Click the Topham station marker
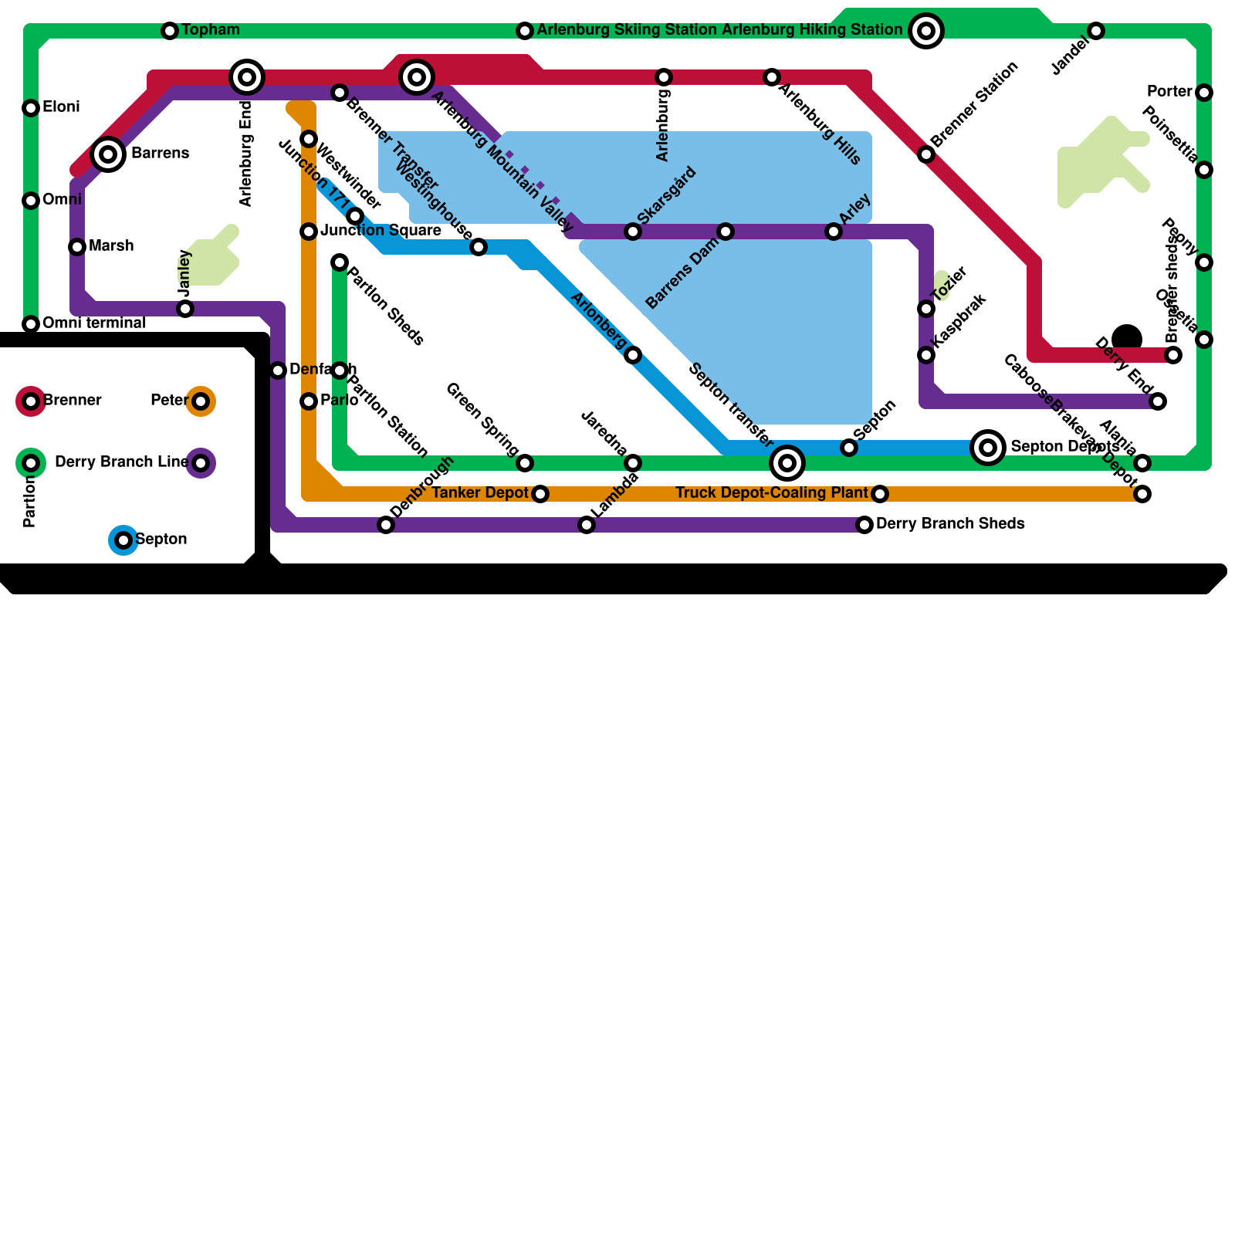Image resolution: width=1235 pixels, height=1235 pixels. pyautogui.click(x=170, y=31)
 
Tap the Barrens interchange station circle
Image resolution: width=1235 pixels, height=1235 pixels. pyautogui.click(x=108, y=154)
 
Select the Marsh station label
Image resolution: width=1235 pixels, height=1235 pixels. pyautogui.click(x=111, y=246)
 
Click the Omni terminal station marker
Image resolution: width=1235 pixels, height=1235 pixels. pyautogui.click(x=31, y=324)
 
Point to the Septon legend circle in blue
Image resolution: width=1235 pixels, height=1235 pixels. pyautogui.click(x=123, y=540)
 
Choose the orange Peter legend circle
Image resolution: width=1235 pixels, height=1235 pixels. pyautogui.click(x=201, y=401)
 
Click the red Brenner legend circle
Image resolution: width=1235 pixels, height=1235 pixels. pyautogui.click(x=31, y=401)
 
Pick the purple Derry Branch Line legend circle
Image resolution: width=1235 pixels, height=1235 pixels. pyautogui.click(x=201, y=463)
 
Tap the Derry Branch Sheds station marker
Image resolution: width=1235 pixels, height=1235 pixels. pyautogui.click(x=864, y=525)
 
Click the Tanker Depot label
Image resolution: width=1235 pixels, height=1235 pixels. pyautogui.click(x=480, y=493)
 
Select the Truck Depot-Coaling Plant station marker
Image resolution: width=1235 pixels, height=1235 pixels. pyautogui.click(x=880, y=494)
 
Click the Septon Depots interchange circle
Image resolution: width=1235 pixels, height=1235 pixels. pyautogui.click(x=988, y=448)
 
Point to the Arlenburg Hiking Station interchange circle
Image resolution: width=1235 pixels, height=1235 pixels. pyautogui.click(x=926, y=31)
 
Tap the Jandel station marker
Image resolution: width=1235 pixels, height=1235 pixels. pyautogui.click(x=1096, y=31)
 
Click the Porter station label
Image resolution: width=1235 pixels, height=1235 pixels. pyautogui.click(x=1169, y=92)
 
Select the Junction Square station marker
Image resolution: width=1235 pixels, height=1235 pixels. pyautogui.click(x=309, y=232)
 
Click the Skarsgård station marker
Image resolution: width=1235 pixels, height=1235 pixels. pyautogui.click(x=633, y=232)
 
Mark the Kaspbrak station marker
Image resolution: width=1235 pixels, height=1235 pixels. pyautogui.click(x=926, y=355)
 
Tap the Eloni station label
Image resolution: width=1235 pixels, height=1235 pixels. pyautogui.click(x=61, y=107)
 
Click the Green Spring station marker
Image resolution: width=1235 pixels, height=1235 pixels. pyautogui.click(x=525, y=463)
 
